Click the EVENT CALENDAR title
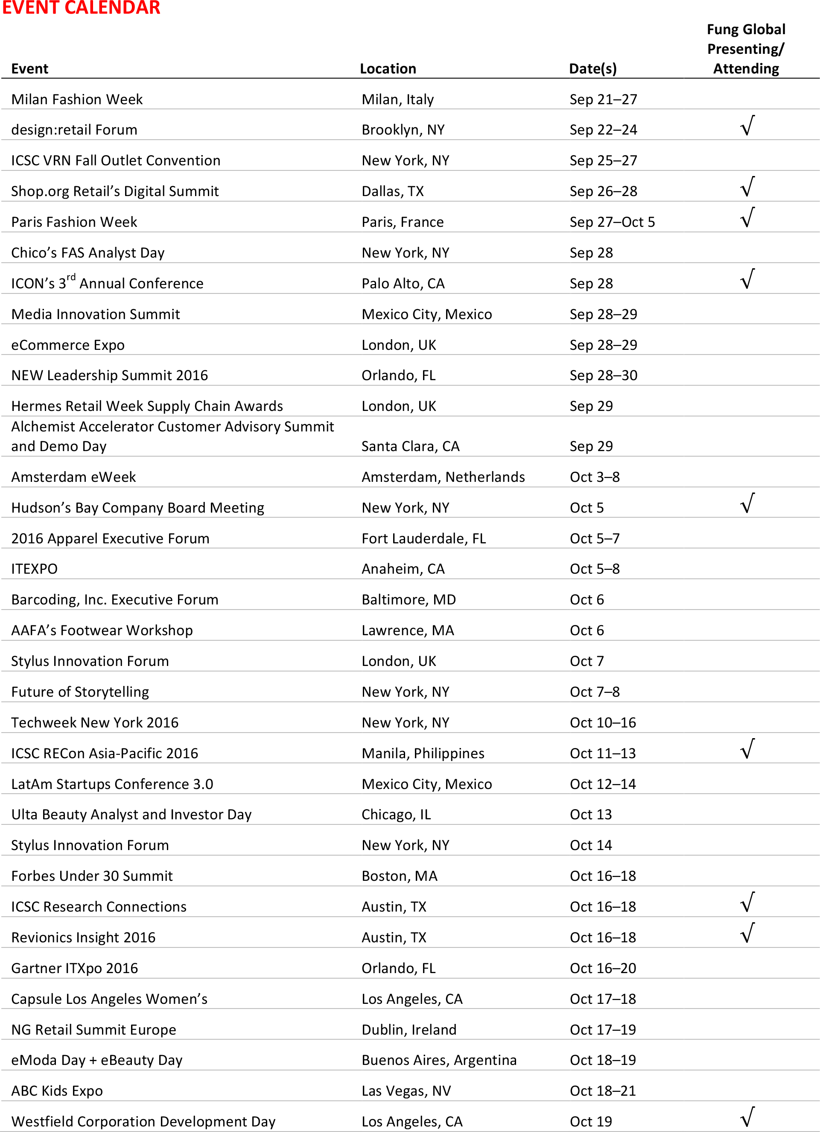point(81,8)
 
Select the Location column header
point(388,69)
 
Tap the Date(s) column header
point(592,69)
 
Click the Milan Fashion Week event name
point(77,100)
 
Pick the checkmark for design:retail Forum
point(747,126)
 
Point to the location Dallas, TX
point(393,191)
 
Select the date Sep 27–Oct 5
point(612,222)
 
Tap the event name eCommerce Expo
point(68,345)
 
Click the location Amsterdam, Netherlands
point(443,477)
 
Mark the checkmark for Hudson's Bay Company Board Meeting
point(747,504)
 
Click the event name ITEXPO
point(35,569)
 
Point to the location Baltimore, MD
point(409,599)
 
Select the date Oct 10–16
point(603,723)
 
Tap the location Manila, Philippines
point(423,753)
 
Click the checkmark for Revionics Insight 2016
point(747,933)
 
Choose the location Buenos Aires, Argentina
point(439,1060)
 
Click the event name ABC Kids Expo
point(57,1091)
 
